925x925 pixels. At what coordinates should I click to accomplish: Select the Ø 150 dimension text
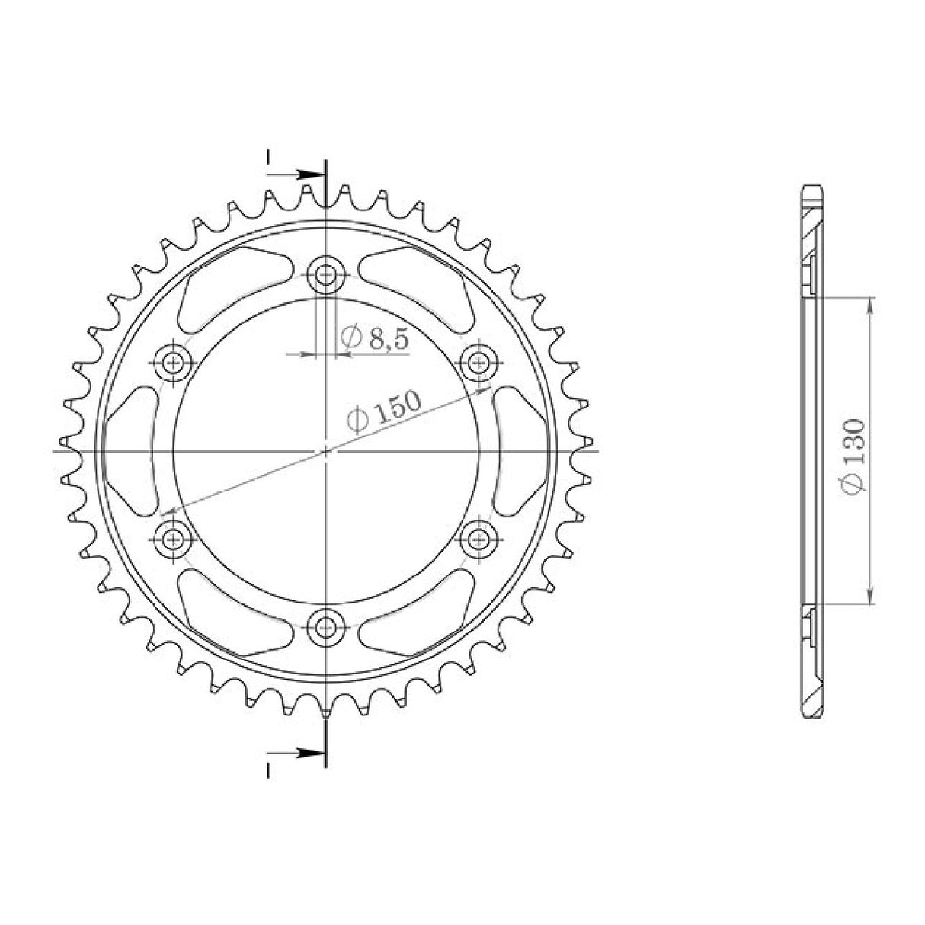click(385, 412)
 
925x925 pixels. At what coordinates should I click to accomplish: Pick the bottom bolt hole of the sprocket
click(326, 626)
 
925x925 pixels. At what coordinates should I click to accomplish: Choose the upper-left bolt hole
click(173, 363)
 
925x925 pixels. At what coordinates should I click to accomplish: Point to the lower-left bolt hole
click(173, 540)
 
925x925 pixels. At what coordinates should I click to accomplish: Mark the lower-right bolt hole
click(479, 540)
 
